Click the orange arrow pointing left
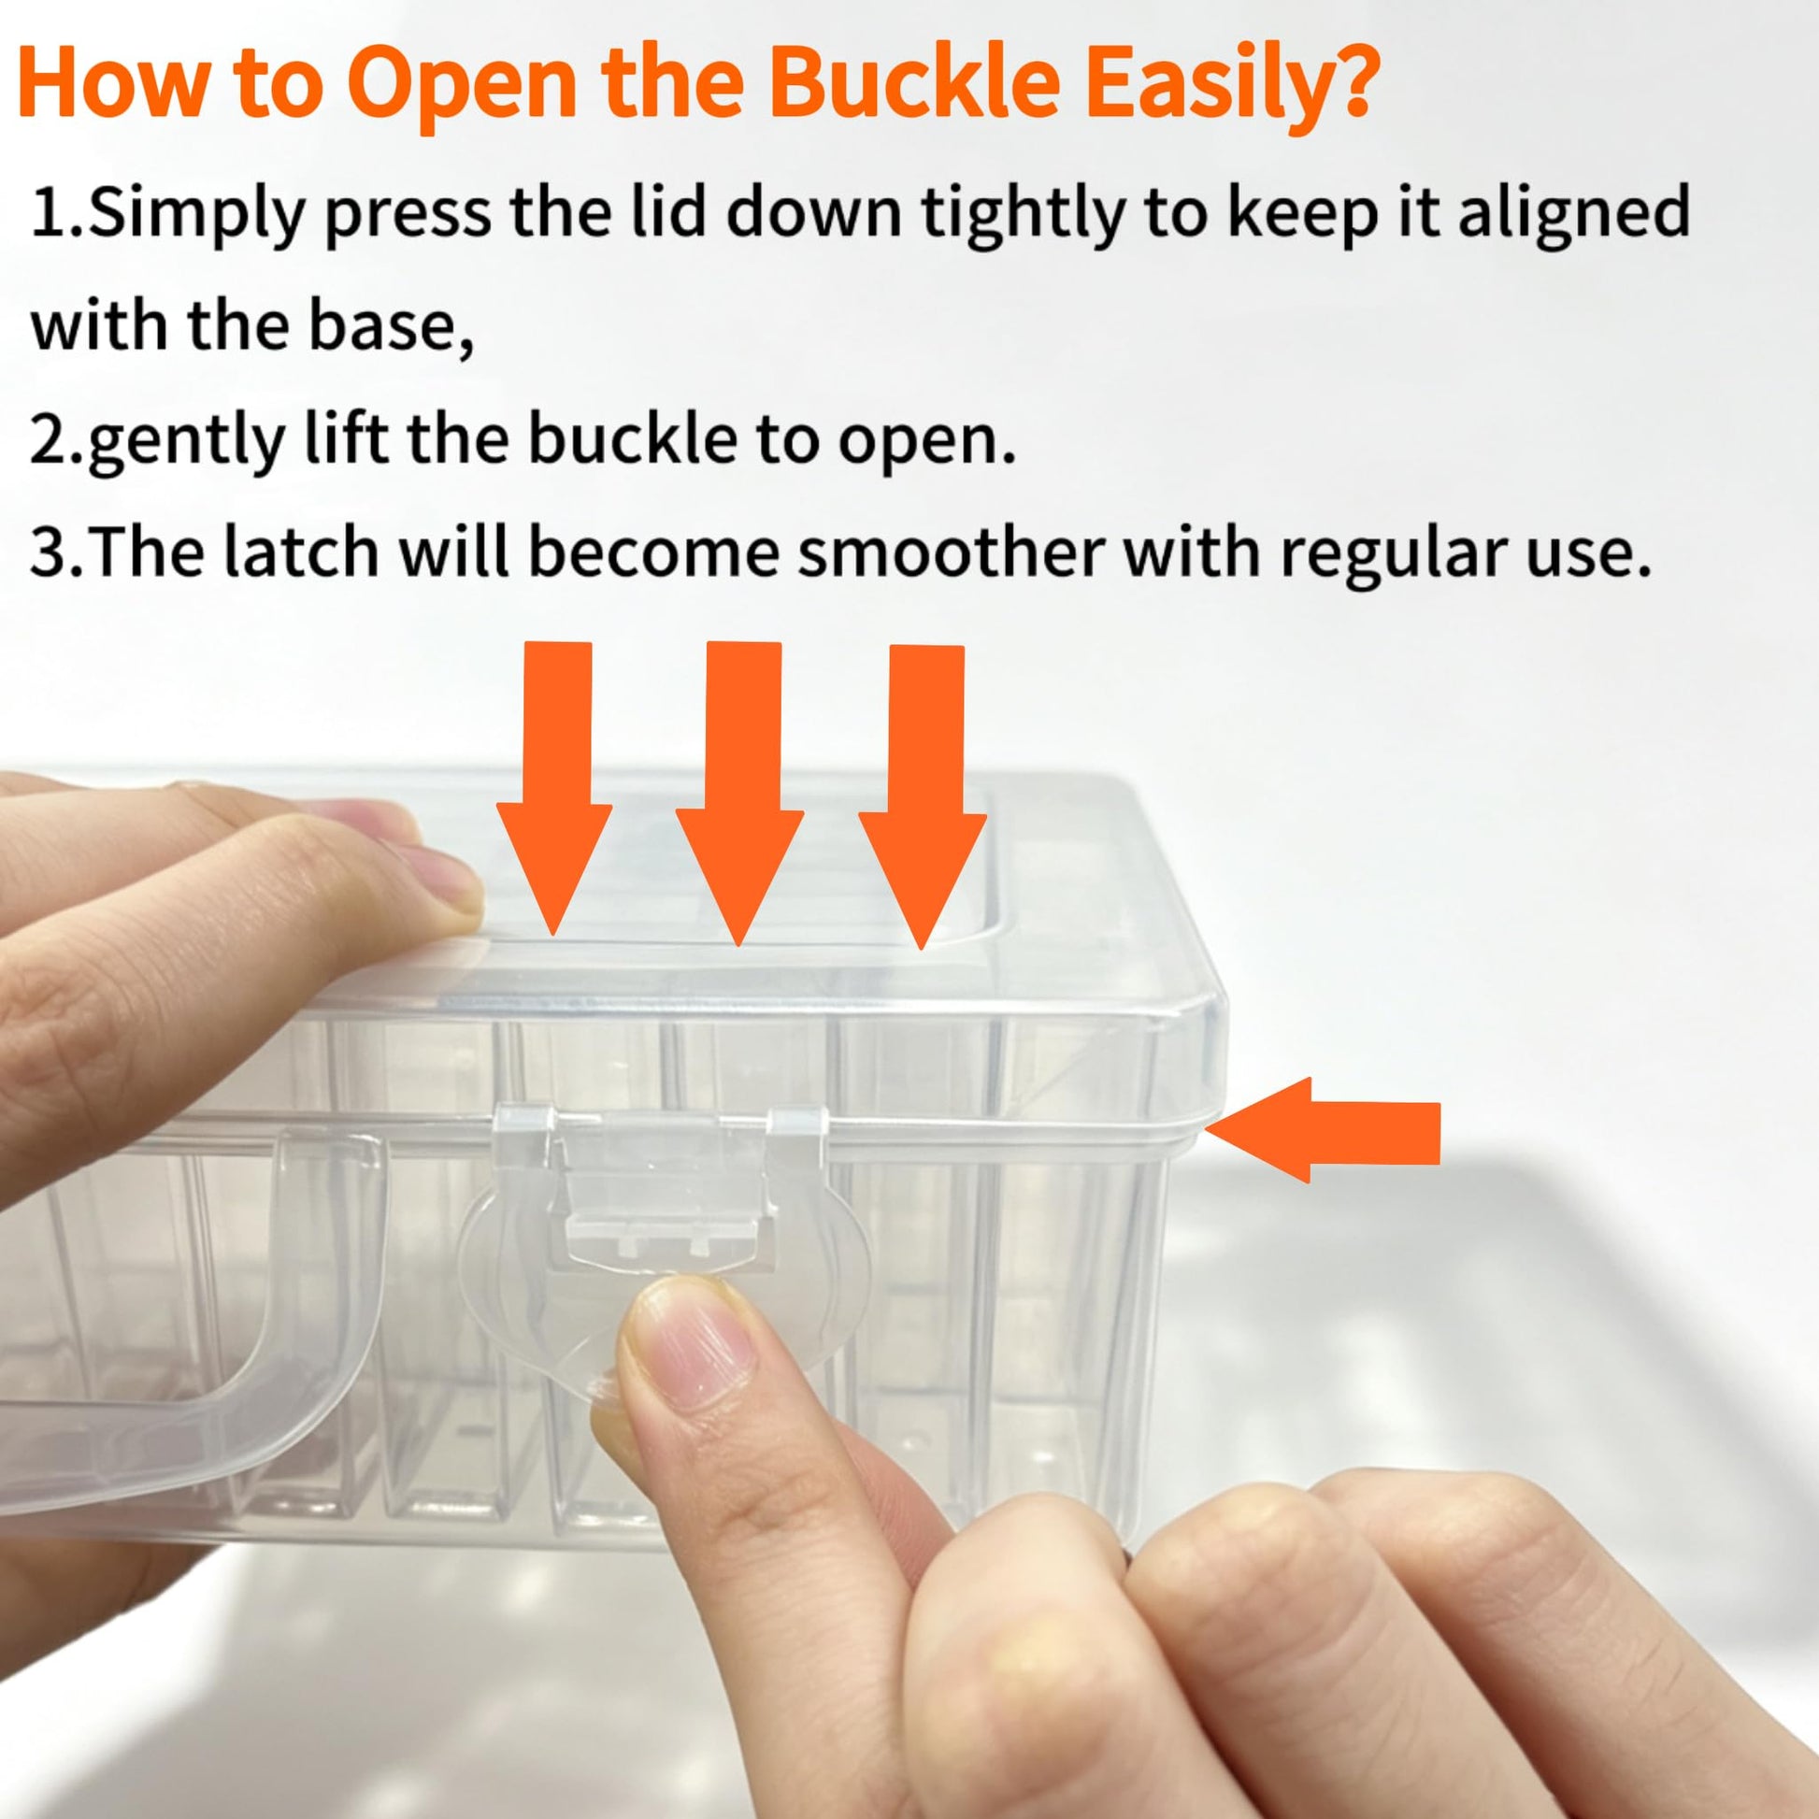pyautogui.click(x=1323, y=1130)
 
